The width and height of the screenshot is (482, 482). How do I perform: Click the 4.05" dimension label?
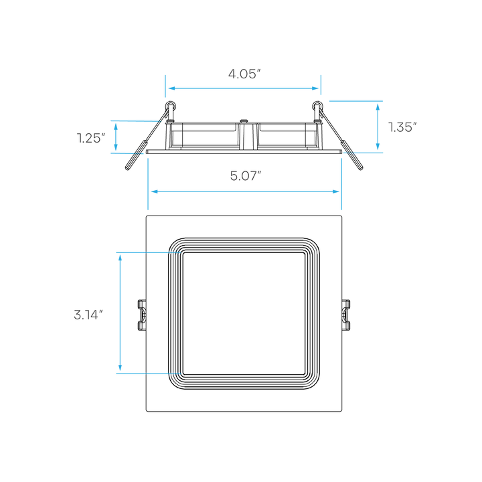tap(244, 74)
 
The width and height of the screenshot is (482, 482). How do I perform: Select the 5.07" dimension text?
tap(246, 176)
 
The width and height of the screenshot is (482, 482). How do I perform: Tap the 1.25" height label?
tap(91, 139)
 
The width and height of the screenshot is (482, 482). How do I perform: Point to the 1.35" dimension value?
tap(402, 127)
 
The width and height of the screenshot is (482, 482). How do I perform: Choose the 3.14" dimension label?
tap(88, 315)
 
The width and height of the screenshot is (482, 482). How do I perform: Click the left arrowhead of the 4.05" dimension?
tap(172, 88)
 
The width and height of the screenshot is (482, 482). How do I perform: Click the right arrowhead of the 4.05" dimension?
tap(315, 88)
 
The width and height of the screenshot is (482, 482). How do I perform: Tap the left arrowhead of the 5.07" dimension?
tap(155, 191)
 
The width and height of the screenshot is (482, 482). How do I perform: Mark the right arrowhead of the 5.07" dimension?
tap(335, 191)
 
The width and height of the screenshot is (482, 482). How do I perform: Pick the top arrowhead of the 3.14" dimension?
tap(120, 258)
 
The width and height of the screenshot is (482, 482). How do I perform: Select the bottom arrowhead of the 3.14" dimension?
tap(120, 368)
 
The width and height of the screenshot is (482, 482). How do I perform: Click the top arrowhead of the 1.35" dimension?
tap(378, 107)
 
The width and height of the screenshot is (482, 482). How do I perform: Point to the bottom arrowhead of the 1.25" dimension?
tap(116, 147)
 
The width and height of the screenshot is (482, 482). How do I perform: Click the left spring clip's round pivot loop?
tap(171, 106)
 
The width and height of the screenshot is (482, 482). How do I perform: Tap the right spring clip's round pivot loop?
tap(317, 106)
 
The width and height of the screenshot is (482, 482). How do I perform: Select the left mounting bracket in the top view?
tap(142, 315)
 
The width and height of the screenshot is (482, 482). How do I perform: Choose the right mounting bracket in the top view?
tap(346, 315)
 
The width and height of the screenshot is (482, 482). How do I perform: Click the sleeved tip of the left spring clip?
tap(135, 155)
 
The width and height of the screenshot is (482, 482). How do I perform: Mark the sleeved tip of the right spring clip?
tap(352, 155)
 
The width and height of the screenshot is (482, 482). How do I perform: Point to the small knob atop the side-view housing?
tap(245, 121)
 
